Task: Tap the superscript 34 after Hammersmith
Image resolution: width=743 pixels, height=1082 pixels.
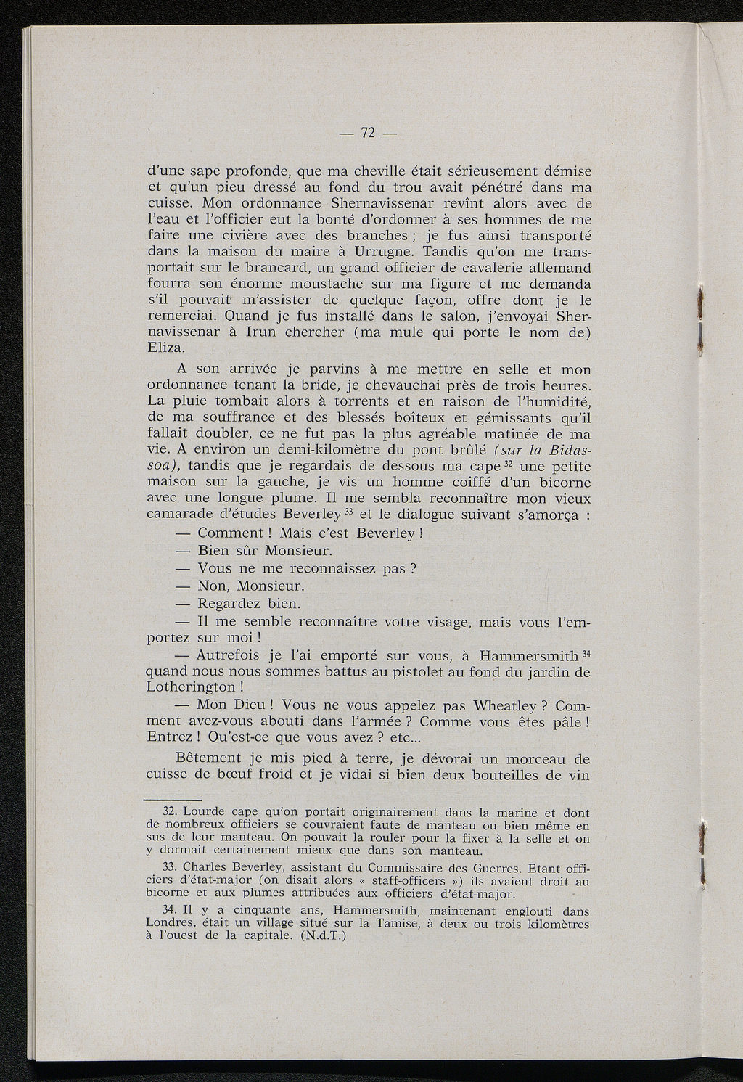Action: tap(587, 652)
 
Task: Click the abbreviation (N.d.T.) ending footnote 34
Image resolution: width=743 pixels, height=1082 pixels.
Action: tap(322, 936)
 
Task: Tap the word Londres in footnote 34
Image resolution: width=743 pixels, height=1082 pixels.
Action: tap(171, 923)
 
